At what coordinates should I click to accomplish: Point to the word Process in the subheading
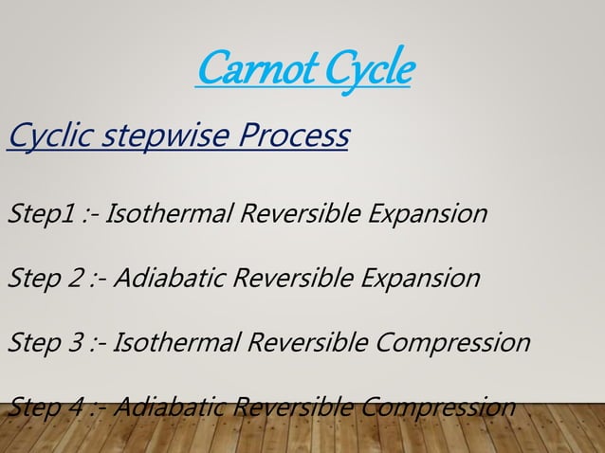pyautogui.click(x=293, y=136)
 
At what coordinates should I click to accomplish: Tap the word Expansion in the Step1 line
pyautogui.click(x=430, y=213)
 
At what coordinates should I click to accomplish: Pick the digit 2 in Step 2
pyautogui.click(x=77, y=278)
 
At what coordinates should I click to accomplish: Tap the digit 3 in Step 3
pyautogui.click(x=77, y=342)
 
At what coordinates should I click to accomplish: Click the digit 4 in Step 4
pyautogui.click(x=77, y=407)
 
